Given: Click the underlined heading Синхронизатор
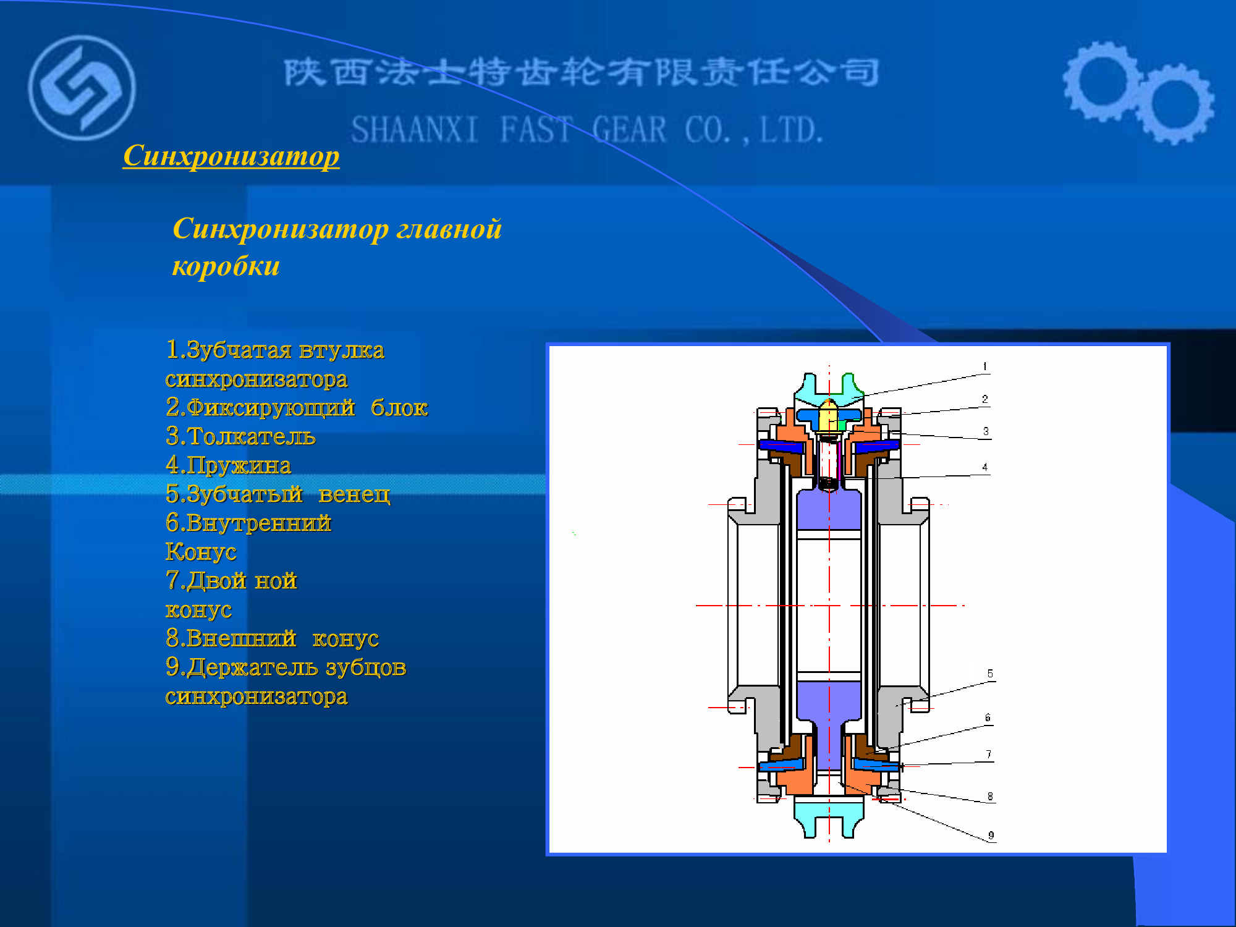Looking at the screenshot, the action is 231,156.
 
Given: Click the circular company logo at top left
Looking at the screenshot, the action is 82,88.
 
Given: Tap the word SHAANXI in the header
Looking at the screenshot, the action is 415,130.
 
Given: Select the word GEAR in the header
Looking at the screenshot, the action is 629,130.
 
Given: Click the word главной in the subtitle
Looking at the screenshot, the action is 449,229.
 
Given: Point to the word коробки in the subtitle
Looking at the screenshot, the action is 226,266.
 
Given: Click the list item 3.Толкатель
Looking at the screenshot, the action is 241,436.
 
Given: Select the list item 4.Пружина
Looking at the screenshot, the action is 228,465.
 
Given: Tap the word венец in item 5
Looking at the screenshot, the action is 355,494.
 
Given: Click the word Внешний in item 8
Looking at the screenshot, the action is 242,638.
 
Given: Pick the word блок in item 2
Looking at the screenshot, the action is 399,408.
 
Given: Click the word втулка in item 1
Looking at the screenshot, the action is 342,350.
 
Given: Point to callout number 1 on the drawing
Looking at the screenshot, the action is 985,366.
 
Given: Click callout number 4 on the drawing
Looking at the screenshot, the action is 985,467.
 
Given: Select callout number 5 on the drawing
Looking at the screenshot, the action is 990,674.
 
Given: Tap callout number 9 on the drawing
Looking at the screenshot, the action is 991,836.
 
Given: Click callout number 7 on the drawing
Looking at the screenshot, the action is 989,754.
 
